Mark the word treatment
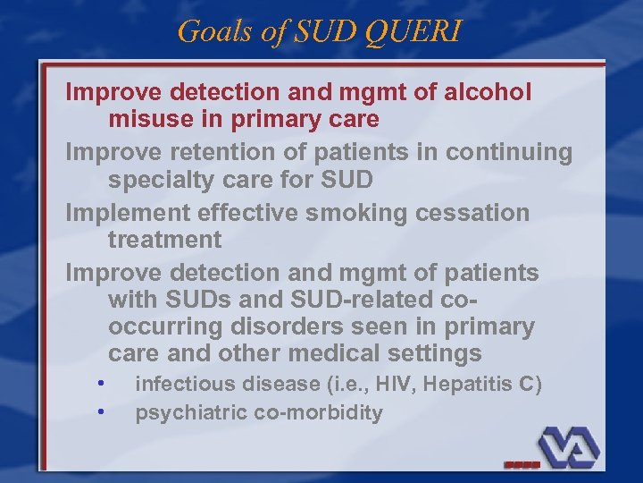(x=164, y=240)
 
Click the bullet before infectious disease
(x=103, y=384)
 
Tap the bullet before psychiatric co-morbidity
(x=103, y=411)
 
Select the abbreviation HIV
(x=389, y=385)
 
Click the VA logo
(x=567, y=444)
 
